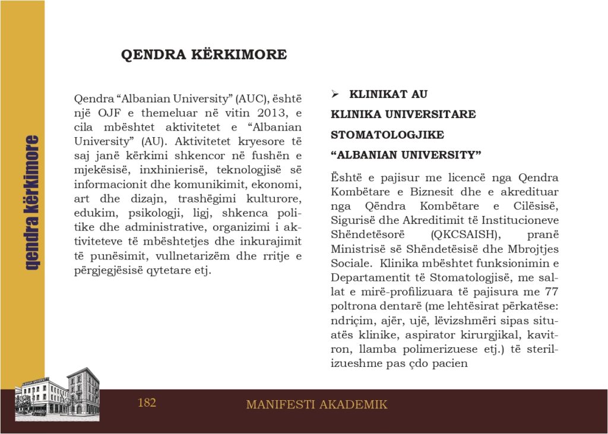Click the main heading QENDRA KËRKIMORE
[204, 55]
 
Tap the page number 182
[147, 403]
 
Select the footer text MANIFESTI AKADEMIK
[316, 405]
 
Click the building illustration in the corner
[57, 395]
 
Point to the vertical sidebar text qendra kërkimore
[32, 202]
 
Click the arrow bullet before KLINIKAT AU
[335, 94]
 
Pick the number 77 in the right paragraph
[550, 291]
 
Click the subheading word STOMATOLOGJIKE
[387, 135]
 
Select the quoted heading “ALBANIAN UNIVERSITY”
[406, 155]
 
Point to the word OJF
[106, 113]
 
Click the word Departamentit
[366, 277]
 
